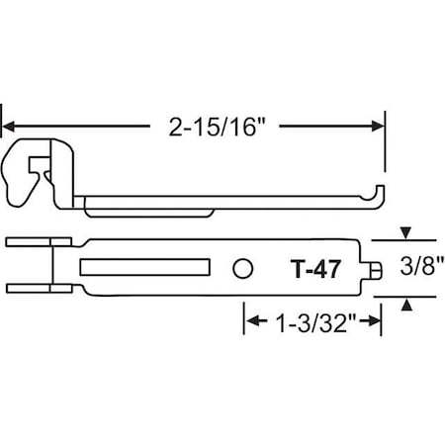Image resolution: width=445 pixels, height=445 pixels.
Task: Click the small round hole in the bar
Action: [242, 267]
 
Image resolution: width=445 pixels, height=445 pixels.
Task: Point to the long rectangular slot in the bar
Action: [145, 267]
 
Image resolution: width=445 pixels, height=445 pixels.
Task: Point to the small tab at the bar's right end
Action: [380, 267]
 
